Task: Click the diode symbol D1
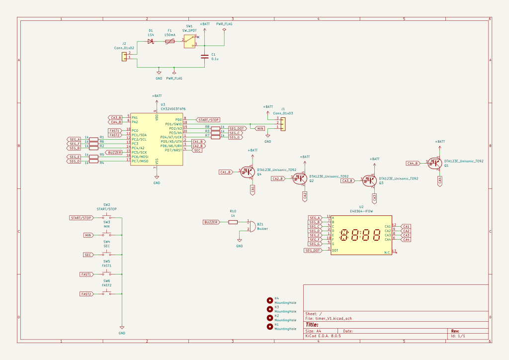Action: pyautogui.click(x=151, y=42)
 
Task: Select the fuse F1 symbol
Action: pyautogui.click(x=170, y=42)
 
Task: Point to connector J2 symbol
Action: pyautogui.click(x=124, y=56)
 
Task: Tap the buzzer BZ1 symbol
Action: pyautogui.click(x=251, y=225)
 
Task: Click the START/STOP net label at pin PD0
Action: pyautogui.click(x=208, y=120)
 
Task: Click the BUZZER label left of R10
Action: pyautogui.click(x=211, y=222)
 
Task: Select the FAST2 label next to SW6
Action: pyautogui.click(x=86, y=294)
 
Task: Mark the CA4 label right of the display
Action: pyautogui.click(x=407, y=240)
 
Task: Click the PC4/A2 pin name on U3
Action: pyautogui.click(x=139, y=148)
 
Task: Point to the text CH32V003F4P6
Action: pyautogui.click(x=173, y=108)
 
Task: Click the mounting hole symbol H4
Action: pyautogui.click(x=270, y=300)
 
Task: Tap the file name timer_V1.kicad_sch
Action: pyautogui.click(x=336, y=318)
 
